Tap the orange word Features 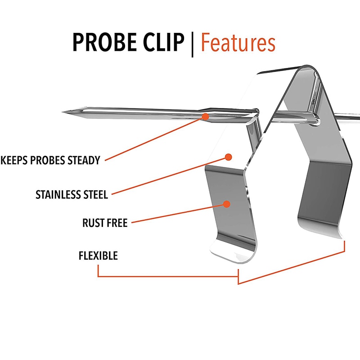(238, 43)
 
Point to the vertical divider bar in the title (192, 43)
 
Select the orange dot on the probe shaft (205, 116)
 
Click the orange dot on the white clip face (228, 157)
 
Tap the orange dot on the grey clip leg (227, 204)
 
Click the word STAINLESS (58, 195)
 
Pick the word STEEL (95, 195)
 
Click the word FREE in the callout (117, 222)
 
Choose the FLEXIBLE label (98, 256)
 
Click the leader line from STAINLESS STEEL (171, 175)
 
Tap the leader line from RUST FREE (180, 213)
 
